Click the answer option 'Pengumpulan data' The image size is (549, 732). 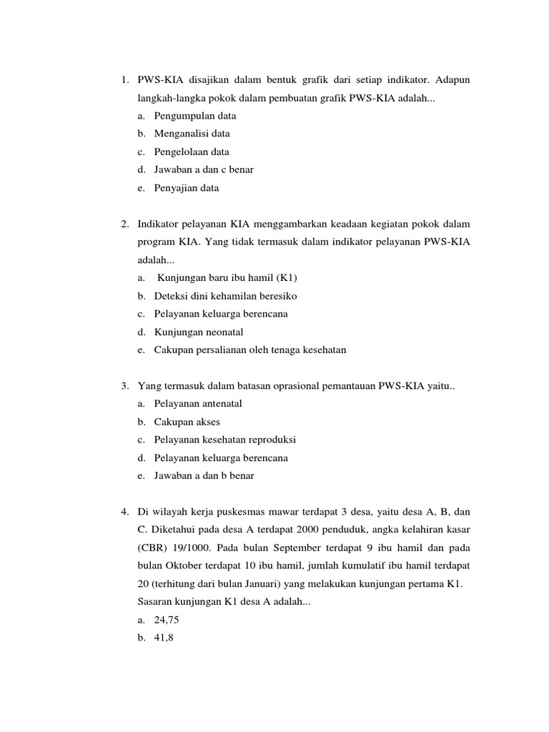click(x=194, y=115)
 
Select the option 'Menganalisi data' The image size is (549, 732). click(x=192, y=134)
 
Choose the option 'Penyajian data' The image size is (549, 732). click(x=186, y=188)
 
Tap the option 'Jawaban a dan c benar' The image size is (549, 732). click(x=204, y=170)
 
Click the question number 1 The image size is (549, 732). click(x=124, y=79)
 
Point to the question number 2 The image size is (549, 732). click(x=124, y=224)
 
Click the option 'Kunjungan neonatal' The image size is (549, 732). click(x=199, y=332)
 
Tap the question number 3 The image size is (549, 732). click(x=124, y=386)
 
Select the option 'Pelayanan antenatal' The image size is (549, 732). click(x=198, y=404)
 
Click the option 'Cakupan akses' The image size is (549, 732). click(x=187, y=422)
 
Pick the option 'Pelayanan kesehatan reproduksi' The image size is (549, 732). click(x=224, y=440)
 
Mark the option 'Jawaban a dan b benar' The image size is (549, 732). click(x=204, y=476)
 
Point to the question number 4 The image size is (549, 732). click(x=124, y=512)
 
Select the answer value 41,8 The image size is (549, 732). click(x=164, y=639)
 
